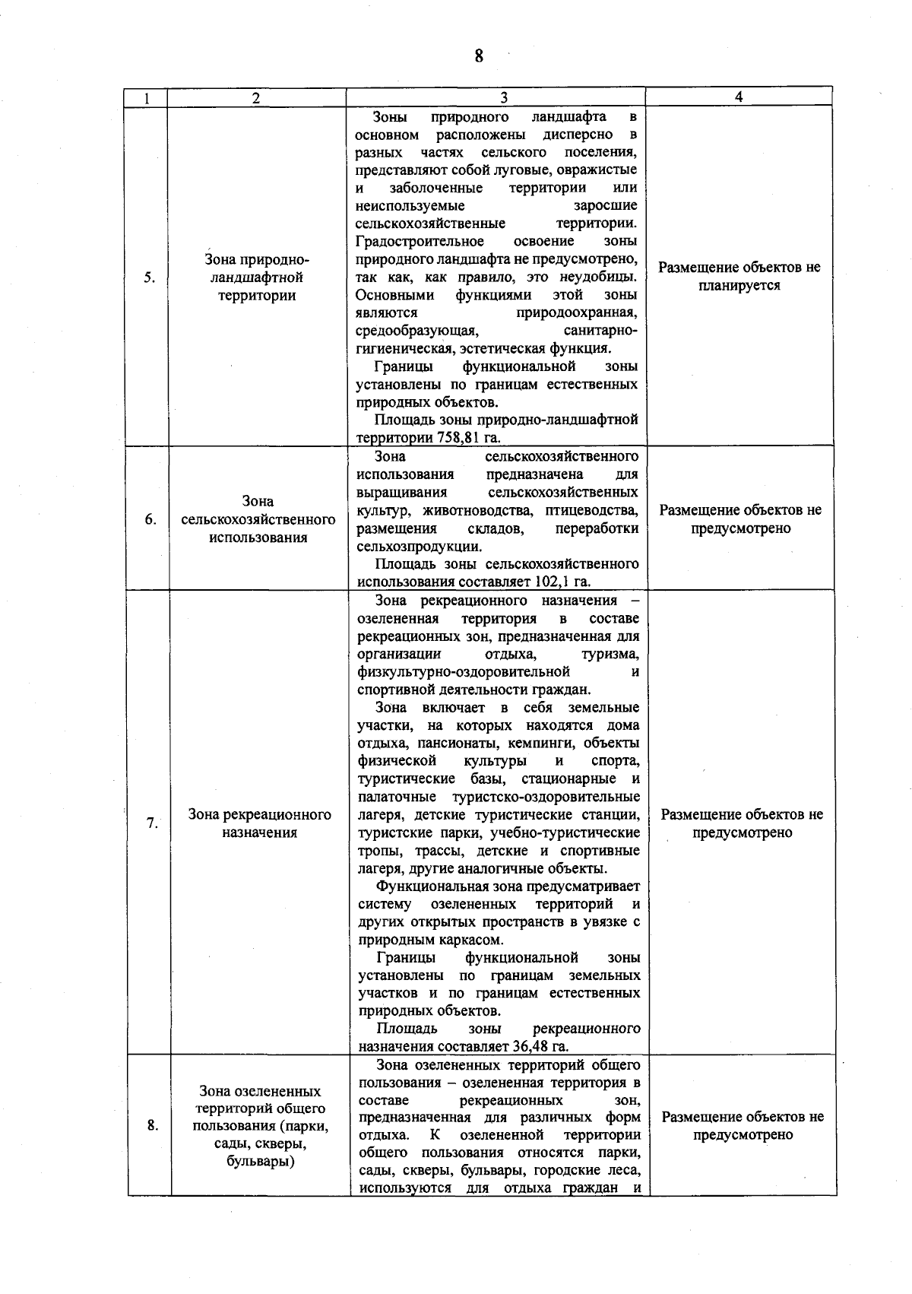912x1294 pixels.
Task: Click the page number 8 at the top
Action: pyautogui.click(x=479, y=56)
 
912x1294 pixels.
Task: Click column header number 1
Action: pyautogui.click(x=146, y=98)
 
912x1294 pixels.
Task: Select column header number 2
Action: pyautogui.click(x=256, y=98)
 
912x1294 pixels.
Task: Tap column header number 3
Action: pyautogui.click(x=504, y=97)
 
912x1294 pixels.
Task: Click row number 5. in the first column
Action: pyautogui.click(x=150, y=278)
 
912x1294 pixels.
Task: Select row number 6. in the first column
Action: pyautogui.click(x=150, y=519)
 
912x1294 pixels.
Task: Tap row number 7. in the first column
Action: pyautogui.click(x=152, y=823)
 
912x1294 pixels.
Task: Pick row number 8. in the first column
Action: pyautogui.click(x=153, y=1126)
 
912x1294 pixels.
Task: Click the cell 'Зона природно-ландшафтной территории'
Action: pyautogui.click(x=257, y=278)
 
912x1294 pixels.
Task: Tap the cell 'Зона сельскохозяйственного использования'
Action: pyautogui.click(x=258, y=519)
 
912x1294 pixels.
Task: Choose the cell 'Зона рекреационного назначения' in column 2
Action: pyautogui.click(x=260, y=823)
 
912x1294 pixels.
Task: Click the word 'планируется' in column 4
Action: pyautogui.click(x=739, y=286)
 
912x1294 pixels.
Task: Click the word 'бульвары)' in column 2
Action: pyautogui.click(x=261, y=1162)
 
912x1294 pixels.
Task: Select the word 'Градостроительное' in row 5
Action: pyautogui.click(x=420, y=242)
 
